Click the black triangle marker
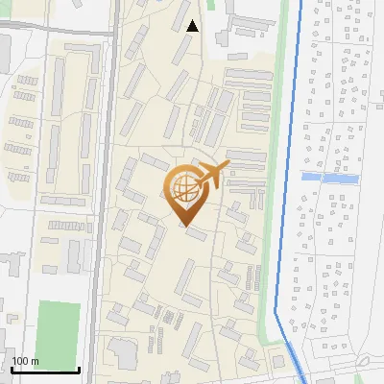tap(193, 26)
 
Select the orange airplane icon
tap(213, 175)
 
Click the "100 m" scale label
tap(25, 361)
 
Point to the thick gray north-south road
tap(106, 192)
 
